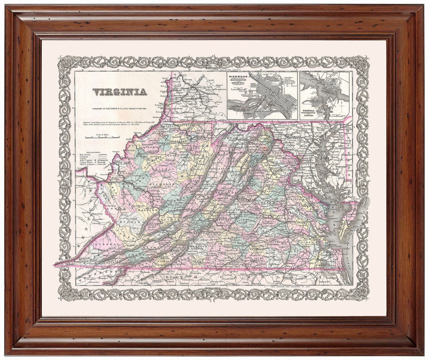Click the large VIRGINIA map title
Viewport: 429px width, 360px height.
tap(120, 92)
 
